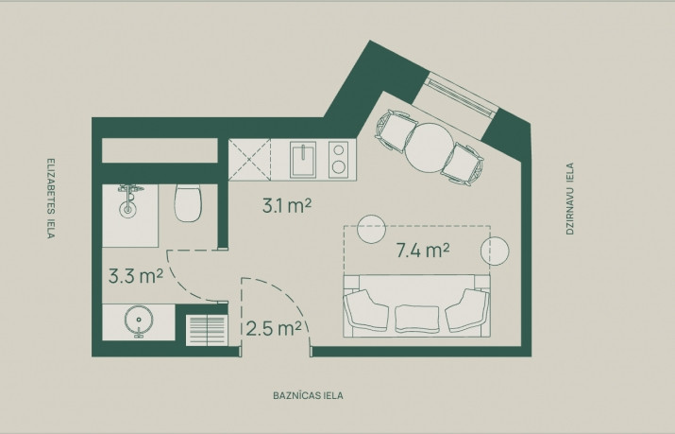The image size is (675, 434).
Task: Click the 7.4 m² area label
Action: pyautogui.click(x=423, y=250)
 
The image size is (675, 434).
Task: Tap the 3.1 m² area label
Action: pyautogui.click(x=287, y=206)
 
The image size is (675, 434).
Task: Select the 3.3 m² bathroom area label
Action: pyautogui.click(x=136, y=276)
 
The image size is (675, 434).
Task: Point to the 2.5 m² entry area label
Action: pyautogui.click(x=274, y=329)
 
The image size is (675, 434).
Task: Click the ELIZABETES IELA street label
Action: pyautogui.click(x=51, y=199)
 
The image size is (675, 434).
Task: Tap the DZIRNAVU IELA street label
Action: pyautogui.click(x=570, y=199)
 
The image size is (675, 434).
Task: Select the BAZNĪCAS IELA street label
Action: pyautogui.click(x=308, y=395)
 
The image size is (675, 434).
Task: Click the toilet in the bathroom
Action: pyautogui.click(x=188, y=202)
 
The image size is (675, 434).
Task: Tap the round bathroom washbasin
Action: pyautogui.click(x=139, y=321)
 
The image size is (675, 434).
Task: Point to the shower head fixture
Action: pyautogui.click(x=127, y=200)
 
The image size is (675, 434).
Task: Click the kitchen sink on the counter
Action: pyautogui.click(x=303, y=160)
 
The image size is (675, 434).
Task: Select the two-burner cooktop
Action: pyautogui.click(x=339, y=160)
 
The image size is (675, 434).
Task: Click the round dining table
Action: pyautogui.click(x=430, y=147)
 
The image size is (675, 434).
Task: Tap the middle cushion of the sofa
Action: pyautogui.click(x=417, y=320)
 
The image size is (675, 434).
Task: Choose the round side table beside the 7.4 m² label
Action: pyautogui.click(x=495, y=251)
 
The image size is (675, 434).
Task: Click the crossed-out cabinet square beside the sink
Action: pyautogui.click(x=249, y=160)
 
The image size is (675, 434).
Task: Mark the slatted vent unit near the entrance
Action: pyautogui.click(x=207, y=331)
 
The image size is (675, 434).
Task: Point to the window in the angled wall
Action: pyautogui.click(x=460, y=97)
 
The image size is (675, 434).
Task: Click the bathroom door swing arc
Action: pyautogui.click(x=181, y=283)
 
